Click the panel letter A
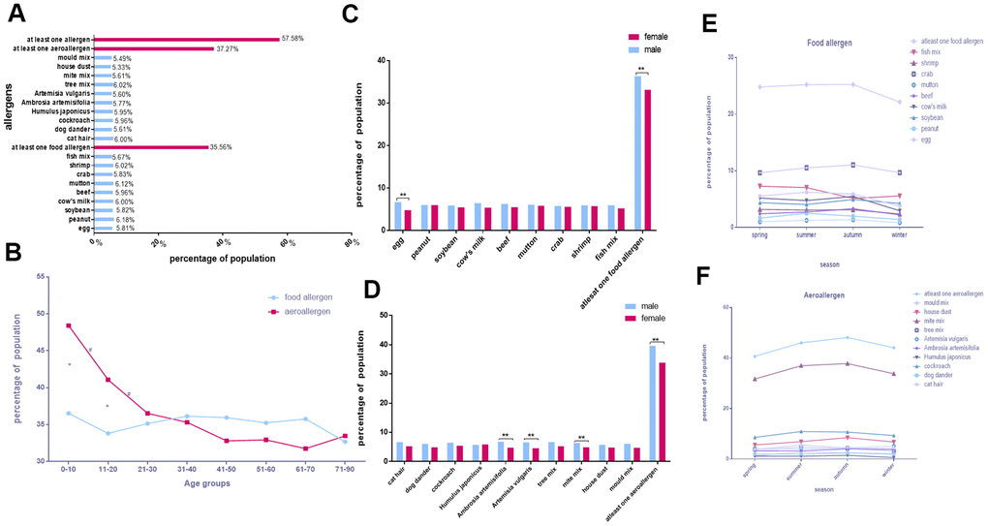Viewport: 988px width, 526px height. tap(17, 14)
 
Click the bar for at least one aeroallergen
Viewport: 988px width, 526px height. tap(155, 48)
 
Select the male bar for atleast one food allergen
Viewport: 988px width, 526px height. tap(637, 152)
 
